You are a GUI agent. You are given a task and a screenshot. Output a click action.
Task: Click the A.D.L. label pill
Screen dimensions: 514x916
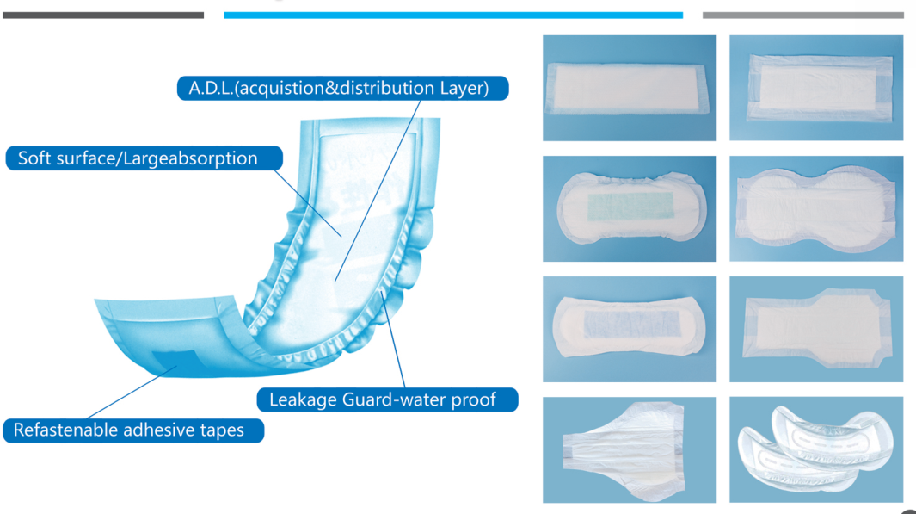[x=342, y=89]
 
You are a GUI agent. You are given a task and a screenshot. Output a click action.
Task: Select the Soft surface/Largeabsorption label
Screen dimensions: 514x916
[x=144, y=158]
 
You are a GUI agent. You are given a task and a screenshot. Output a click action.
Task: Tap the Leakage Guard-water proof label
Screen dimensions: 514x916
[x=387, y=399]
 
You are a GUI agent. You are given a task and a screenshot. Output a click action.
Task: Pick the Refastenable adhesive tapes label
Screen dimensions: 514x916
[x=133, y=430]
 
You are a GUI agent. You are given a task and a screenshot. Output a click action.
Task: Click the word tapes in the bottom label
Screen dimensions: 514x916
[x=221, y=430]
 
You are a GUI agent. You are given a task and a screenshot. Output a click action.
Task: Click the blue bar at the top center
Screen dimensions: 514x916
[x=453, y=15]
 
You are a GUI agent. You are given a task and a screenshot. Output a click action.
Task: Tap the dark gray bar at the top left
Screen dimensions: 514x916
[x=102, y=15]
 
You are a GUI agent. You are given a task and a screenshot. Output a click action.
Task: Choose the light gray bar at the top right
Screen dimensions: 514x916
[x=802, y=15]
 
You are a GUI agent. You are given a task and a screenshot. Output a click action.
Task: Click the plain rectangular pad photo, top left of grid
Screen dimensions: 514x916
[x=629, y=88]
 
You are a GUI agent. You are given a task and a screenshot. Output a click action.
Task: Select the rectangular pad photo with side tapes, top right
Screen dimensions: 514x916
[x=816, y=88]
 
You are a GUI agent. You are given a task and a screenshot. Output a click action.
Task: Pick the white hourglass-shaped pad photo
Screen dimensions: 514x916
[x=816, y=208]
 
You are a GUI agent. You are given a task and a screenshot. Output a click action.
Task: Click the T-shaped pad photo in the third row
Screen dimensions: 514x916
[x=816, y=329]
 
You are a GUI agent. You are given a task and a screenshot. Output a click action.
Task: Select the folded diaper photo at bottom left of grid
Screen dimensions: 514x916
[x=629, y=449]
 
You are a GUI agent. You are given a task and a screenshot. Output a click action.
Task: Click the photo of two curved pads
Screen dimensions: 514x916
[x=816, y=449]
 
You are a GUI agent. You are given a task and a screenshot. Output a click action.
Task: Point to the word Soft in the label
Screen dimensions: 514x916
[x=34, y=158]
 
